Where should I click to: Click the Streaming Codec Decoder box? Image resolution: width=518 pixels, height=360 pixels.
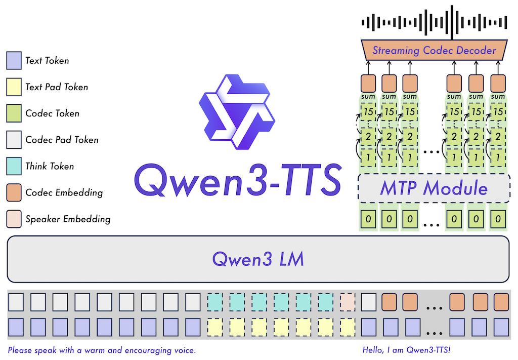(x=435, y=50)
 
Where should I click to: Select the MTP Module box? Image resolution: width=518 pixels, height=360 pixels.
(x=435, y=188)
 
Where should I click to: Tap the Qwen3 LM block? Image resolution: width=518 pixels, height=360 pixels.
(x=258, y=259)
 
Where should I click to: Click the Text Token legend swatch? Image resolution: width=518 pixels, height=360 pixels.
(x=14, y=61)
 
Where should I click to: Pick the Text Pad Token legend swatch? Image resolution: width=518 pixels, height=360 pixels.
(x=14, y=87)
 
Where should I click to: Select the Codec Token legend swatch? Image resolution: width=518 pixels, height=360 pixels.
(x=14, y=113)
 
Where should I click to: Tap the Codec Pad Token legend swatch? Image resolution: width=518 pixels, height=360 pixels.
(x=14, y=140)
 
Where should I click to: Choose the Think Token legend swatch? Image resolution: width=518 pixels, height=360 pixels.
(x=14, y=166)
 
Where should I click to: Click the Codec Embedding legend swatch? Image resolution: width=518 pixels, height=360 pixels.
(x=14, y=192)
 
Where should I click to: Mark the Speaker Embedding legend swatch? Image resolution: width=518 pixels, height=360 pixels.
(x=14, y=219)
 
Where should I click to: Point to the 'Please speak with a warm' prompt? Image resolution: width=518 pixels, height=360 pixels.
(x=102, y=350)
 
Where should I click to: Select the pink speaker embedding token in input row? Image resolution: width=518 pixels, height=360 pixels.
(x=348, y=302)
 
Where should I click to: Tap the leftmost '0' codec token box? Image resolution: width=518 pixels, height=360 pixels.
(x=368, y=219)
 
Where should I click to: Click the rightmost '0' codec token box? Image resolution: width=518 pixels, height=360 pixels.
(x=498, y=219)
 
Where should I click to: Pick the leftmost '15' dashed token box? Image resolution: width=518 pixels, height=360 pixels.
(x=368, y=111)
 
